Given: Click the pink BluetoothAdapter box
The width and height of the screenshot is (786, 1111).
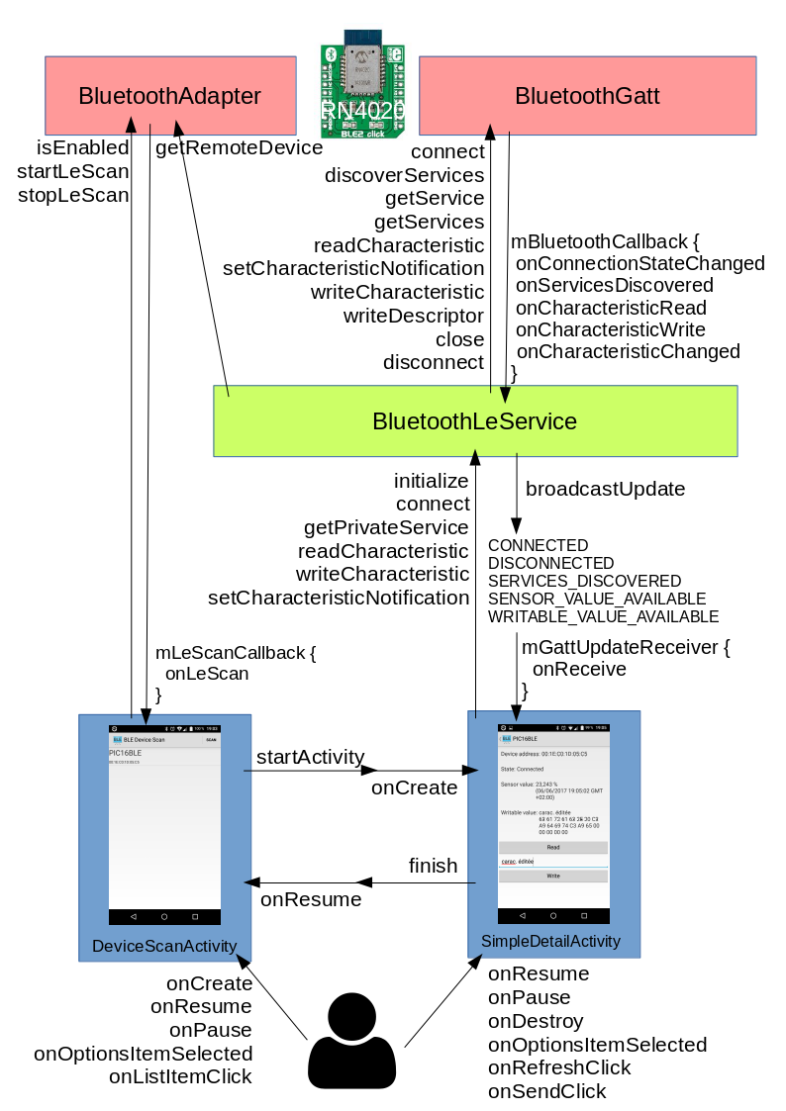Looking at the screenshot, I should pyautogui.click(x=170, y=96).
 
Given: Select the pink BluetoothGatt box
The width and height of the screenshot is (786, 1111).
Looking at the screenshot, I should pyautogui.click(x=587, y=96).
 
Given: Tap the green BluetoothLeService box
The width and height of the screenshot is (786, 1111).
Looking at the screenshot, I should pyautogui.click(x=475, y=421).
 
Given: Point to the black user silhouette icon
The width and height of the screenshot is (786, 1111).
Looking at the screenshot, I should pyautogui.click(x=352, y=1041).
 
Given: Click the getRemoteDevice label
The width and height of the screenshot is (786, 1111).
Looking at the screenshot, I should pyautogui.click(x=239, y=148).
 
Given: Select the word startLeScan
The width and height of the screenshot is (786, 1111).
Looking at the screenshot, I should pyautogui.click(x=73, y=171).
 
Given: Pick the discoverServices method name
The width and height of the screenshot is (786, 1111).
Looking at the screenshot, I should pyautogui.click(x=404, y=175).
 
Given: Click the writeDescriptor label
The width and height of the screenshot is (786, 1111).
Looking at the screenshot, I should pyautogui.click(x=413, y=316).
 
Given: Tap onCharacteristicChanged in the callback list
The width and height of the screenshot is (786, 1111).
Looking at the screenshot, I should pyautogui.click(x=628, y=351).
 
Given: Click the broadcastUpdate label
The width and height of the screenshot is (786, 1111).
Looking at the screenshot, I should pyautogui.click(x=605, y=490).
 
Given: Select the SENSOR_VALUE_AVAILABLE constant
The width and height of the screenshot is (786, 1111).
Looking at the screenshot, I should pyautogui.click(x=597, y=599).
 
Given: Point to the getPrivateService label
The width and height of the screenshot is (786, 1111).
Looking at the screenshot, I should pyautogui.click(x=386, y=527).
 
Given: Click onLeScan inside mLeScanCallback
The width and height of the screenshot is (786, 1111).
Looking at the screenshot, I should pyautogui.click(x=206, y=673).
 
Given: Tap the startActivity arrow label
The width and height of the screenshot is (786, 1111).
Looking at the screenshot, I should pyautogui.click(x=310, y=757).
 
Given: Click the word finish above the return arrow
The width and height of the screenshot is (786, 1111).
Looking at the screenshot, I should pyautogui.click(x=433, y=866).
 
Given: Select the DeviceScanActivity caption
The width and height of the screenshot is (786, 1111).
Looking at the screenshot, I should pyautogui.click(x=164, y=946).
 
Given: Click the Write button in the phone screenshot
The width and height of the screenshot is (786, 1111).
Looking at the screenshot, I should pyautogui.click(x=552, y=876).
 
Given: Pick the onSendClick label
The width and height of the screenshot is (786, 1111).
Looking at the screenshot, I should pyautogui.click(x=546, y=1091).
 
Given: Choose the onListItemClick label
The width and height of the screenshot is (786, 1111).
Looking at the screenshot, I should pyautogui.click(x=180, y=1076).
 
